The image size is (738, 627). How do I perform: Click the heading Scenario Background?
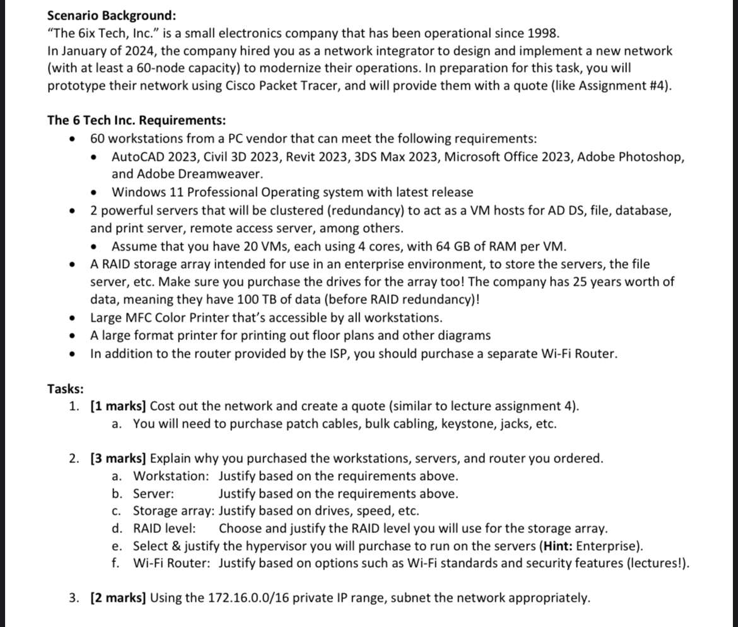tap(112, 15)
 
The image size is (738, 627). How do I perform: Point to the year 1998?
tap(543, 33)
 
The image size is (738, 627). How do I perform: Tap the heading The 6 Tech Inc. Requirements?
tap(137, 120)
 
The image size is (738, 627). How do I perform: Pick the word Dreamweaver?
tap(220, 173)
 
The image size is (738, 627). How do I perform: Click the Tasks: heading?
tap(66, 389)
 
